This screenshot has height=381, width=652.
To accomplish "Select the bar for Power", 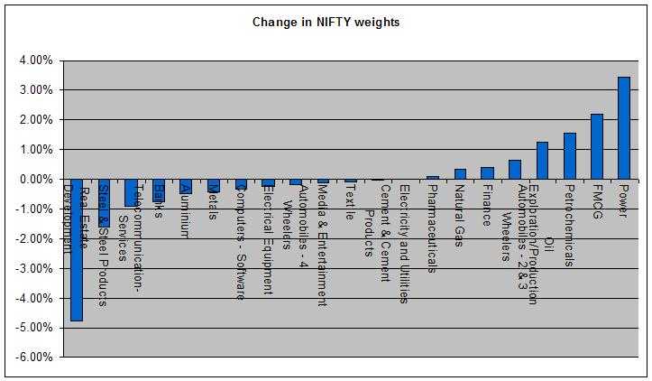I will [x=623, y=128].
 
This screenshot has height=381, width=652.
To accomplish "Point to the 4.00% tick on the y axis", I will [x=30, y=60].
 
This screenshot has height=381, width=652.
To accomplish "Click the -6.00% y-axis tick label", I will [x=28, y=357].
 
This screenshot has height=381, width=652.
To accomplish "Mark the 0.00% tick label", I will [x=30, y=179].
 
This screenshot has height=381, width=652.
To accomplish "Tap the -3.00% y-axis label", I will [x=28, y=268].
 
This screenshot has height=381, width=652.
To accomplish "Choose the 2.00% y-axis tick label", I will [x=30, y=120].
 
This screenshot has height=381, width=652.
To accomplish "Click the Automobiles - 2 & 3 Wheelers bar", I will [x=515, y=170].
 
